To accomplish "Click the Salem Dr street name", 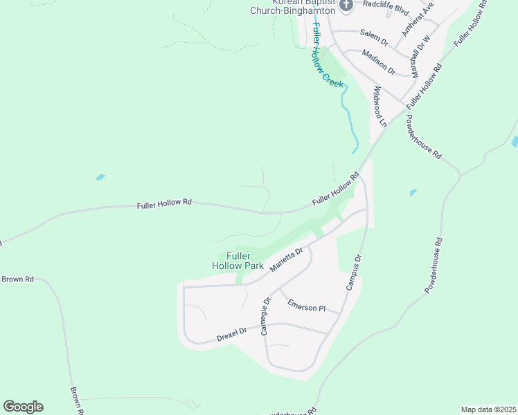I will (375, 37).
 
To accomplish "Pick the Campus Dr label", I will (354, 273).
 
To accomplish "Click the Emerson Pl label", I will (307, 306).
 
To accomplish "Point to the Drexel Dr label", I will (231, 334).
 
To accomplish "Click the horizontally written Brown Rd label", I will (17, 279).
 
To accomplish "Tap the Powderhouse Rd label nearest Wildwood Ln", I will (423, 138).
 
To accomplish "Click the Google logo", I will (23, 407).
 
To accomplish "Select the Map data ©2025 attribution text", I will (488, 409).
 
